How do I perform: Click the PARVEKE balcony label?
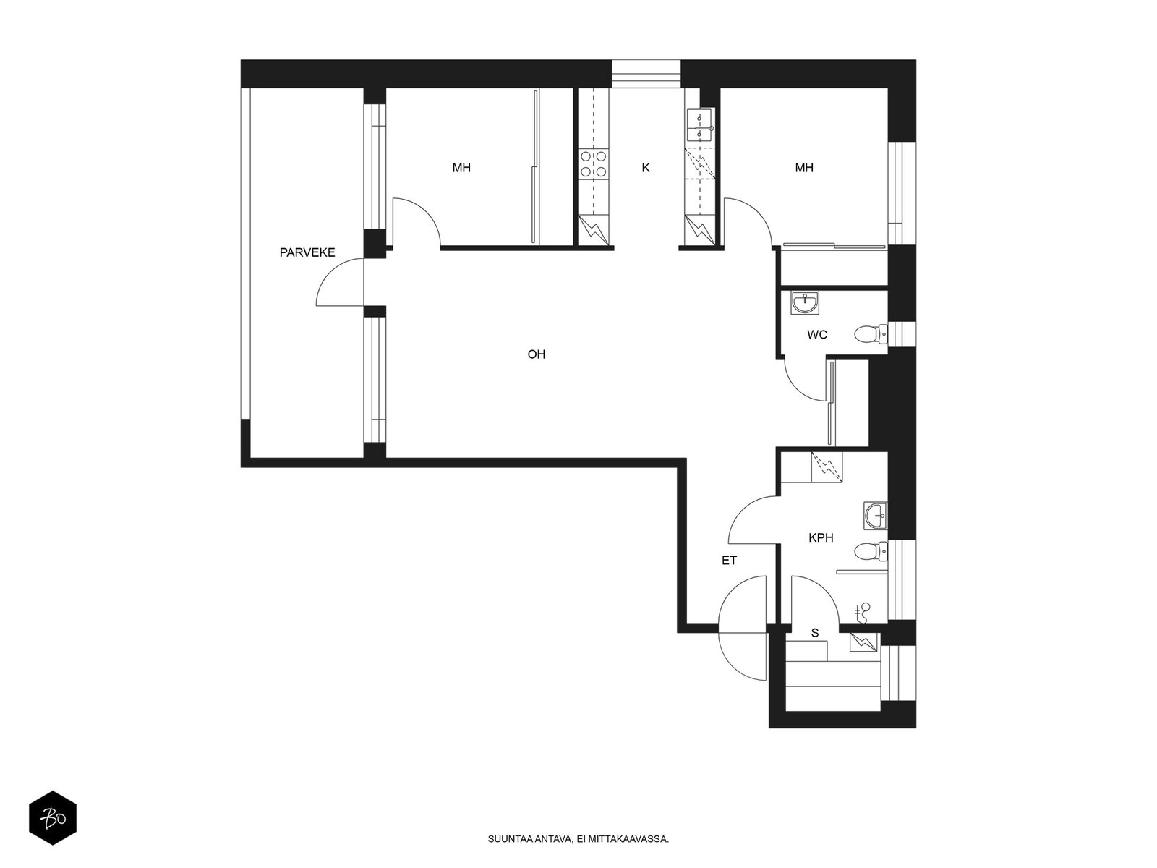[x=307, y=252]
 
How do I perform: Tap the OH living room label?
[x=536, y=354]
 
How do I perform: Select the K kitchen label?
[x=646, y=168]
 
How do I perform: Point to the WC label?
[x=817, y=335]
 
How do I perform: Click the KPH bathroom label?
[x=821, y=537]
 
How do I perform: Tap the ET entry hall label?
[x=729, y=561]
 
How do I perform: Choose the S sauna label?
[x=815, y=633]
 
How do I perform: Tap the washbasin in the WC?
[x=805, y=302]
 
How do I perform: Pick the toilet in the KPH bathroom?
[x=871, y=551]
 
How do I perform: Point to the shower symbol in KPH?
[x=863, y=613]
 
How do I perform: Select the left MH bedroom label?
[x=461, y=168]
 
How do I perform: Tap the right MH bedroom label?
[x=804, y=168]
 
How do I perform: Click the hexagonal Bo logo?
[x=53, y=818]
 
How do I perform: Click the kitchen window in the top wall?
[x=646, y=73]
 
